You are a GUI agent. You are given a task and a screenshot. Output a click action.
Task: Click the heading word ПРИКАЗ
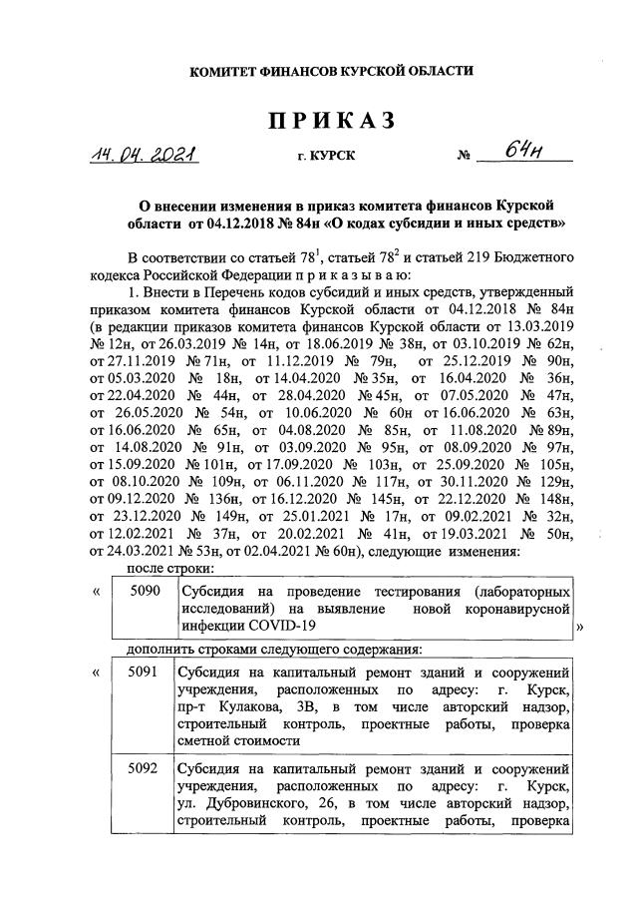coord(318,121)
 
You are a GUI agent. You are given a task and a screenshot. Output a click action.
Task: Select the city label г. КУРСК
coord(326,157)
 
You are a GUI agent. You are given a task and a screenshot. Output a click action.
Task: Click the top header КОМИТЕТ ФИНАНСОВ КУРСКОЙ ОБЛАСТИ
coord(318,70)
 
